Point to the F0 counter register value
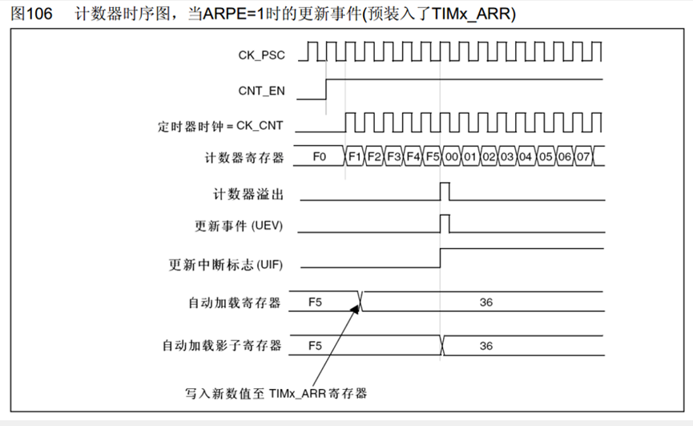click(x=319, y=156)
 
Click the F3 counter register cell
click(x=393, y=156)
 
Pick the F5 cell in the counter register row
click(x=433, y=156)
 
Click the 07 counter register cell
click(x=583, y=156)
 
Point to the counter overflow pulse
click(x=445, y=192)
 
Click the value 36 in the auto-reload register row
click(x=486, y=302)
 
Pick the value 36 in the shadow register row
click(x=486, y=346)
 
